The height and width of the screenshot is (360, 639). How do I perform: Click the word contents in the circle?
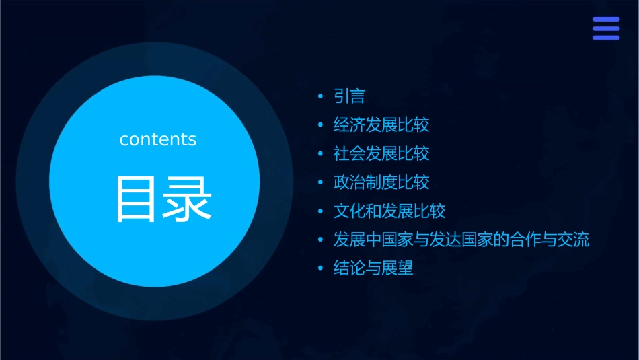coord(158,139)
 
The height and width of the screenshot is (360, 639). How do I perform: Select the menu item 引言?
coord(349,96)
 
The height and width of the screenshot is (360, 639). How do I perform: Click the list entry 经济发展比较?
coord(381,125)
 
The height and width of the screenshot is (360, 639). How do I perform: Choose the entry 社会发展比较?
coord(381,153)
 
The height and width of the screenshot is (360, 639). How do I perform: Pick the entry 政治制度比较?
coord(381,182)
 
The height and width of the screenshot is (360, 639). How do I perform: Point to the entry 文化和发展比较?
coord(389,211)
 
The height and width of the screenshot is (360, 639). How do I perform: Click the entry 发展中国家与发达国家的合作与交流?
coord(461,240)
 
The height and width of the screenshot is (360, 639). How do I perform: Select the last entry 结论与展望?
coord(373,268)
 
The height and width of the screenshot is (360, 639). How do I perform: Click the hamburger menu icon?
coord(606,28)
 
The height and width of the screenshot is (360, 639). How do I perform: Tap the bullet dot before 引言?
coord(321,97)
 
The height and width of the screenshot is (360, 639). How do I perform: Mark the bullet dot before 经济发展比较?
coord(321,125)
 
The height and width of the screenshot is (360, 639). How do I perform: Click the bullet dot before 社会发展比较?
coord(321,154)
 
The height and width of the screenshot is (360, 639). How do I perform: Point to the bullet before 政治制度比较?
coord(321,182)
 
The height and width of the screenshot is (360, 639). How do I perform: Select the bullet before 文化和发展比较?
coord(321,211)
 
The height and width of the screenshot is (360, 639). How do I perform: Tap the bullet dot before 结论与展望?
coord(321,268)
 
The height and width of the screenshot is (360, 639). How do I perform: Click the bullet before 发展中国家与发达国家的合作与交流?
coord(321,240)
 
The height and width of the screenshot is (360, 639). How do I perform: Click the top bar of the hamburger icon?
coord(606,20)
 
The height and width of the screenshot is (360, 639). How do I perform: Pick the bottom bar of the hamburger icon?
coord(606,38)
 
